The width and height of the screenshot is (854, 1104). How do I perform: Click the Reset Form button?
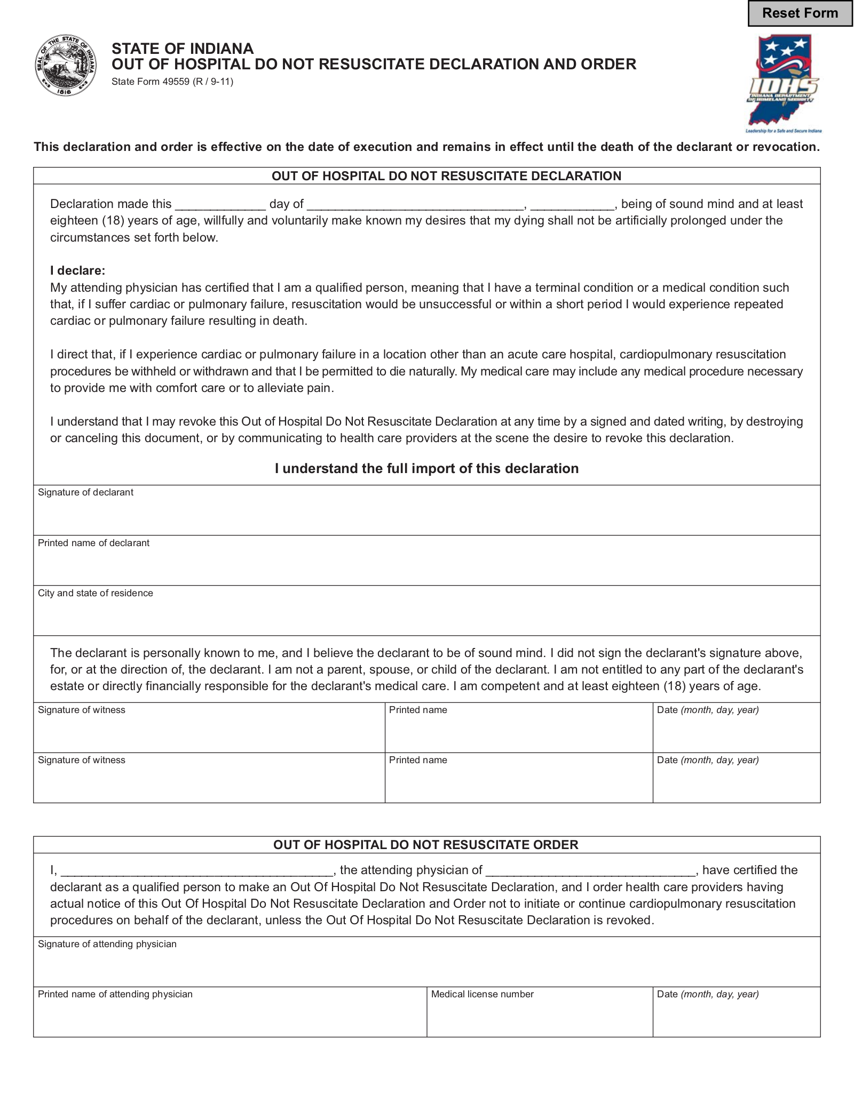coord(800,13)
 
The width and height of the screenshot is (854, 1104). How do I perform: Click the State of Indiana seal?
coord(66,66)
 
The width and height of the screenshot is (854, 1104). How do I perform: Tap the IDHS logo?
coord(783,83)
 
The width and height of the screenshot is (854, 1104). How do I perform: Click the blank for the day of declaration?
coord(220,204)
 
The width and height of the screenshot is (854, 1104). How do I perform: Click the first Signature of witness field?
coord(209,732)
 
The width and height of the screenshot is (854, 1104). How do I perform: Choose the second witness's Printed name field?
coord(518,782)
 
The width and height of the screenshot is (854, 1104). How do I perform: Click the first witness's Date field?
coord(736,732)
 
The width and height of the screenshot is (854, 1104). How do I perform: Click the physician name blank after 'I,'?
coord(197,870)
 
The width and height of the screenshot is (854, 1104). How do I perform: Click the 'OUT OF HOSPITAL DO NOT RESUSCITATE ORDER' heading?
coord(426,845)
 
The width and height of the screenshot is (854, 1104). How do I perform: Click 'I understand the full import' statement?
coord(426,468)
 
